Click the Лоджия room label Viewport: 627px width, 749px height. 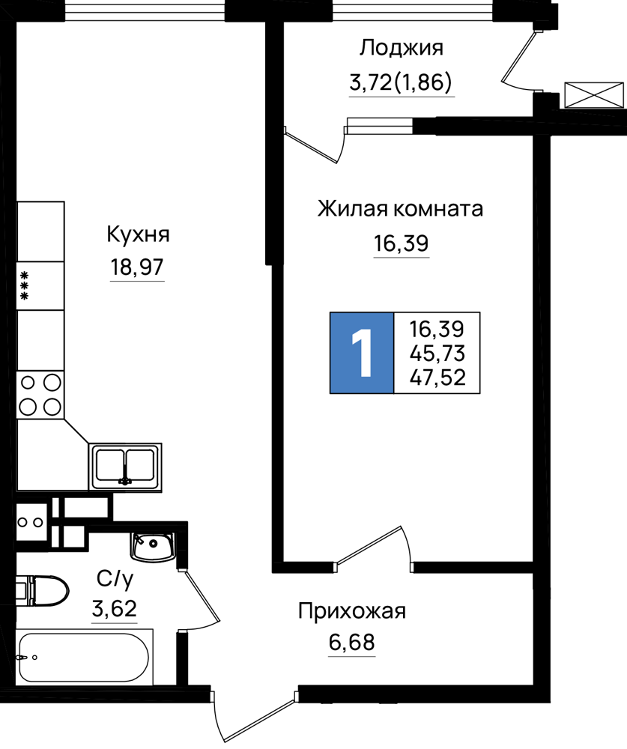[402, 49]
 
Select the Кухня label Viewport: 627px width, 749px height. [138, 235]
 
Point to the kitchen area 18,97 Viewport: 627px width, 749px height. [138, 267]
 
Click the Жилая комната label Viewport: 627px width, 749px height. [401, 209]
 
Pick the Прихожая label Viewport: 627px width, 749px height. [352, 611]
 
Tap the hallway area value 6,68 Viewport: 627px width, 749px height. [352, 643]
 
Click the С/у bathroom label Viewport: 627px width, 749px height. [115, 579]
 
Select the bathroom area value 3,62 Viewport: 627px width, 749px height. [115, 609]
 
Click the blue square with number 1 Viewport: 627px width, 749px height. [362, 353]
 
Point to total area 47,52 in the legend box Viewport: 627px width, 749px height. [437, 377]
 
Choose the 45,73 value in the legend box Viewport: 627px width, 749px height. [437, 354]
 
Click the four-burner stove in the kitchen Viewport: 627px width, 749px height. [40, 395]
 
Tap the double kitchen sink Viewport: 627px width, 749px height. [125, 467]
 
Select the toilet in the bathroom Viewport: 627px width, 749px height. [42, 590]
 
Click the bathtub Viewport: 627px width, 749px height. [85, 658]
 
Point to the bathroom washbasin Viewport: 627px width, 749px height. [153, 547]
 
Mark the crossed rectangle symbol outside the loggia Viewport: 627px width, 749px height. [594, 94]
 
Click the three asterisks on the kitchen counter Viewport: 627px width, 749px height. [24, 285]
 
